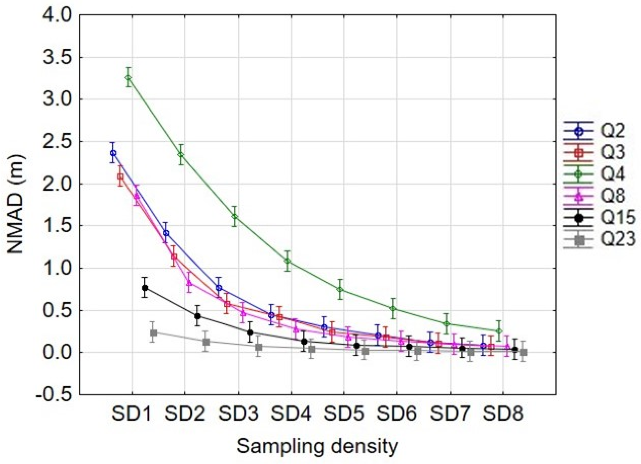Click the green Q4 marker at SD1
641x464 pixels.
click(x=128, y=78)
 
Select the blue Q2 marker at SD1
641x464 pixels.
click(x=113, y=153)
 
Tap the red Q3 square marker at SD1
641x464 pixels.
click(x=120, y=177)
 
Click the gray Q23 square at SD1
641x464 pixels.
click(x=153, y=333)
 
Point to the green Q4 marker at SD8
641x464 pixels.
click(x=499, y=331)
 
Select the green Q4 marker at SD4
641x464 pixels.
click(x=288, y=261)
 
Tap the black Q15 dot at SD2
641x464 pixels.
click(x=197, y=316)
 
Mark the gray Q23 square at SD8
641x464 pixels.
click(x=523, y=352)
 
